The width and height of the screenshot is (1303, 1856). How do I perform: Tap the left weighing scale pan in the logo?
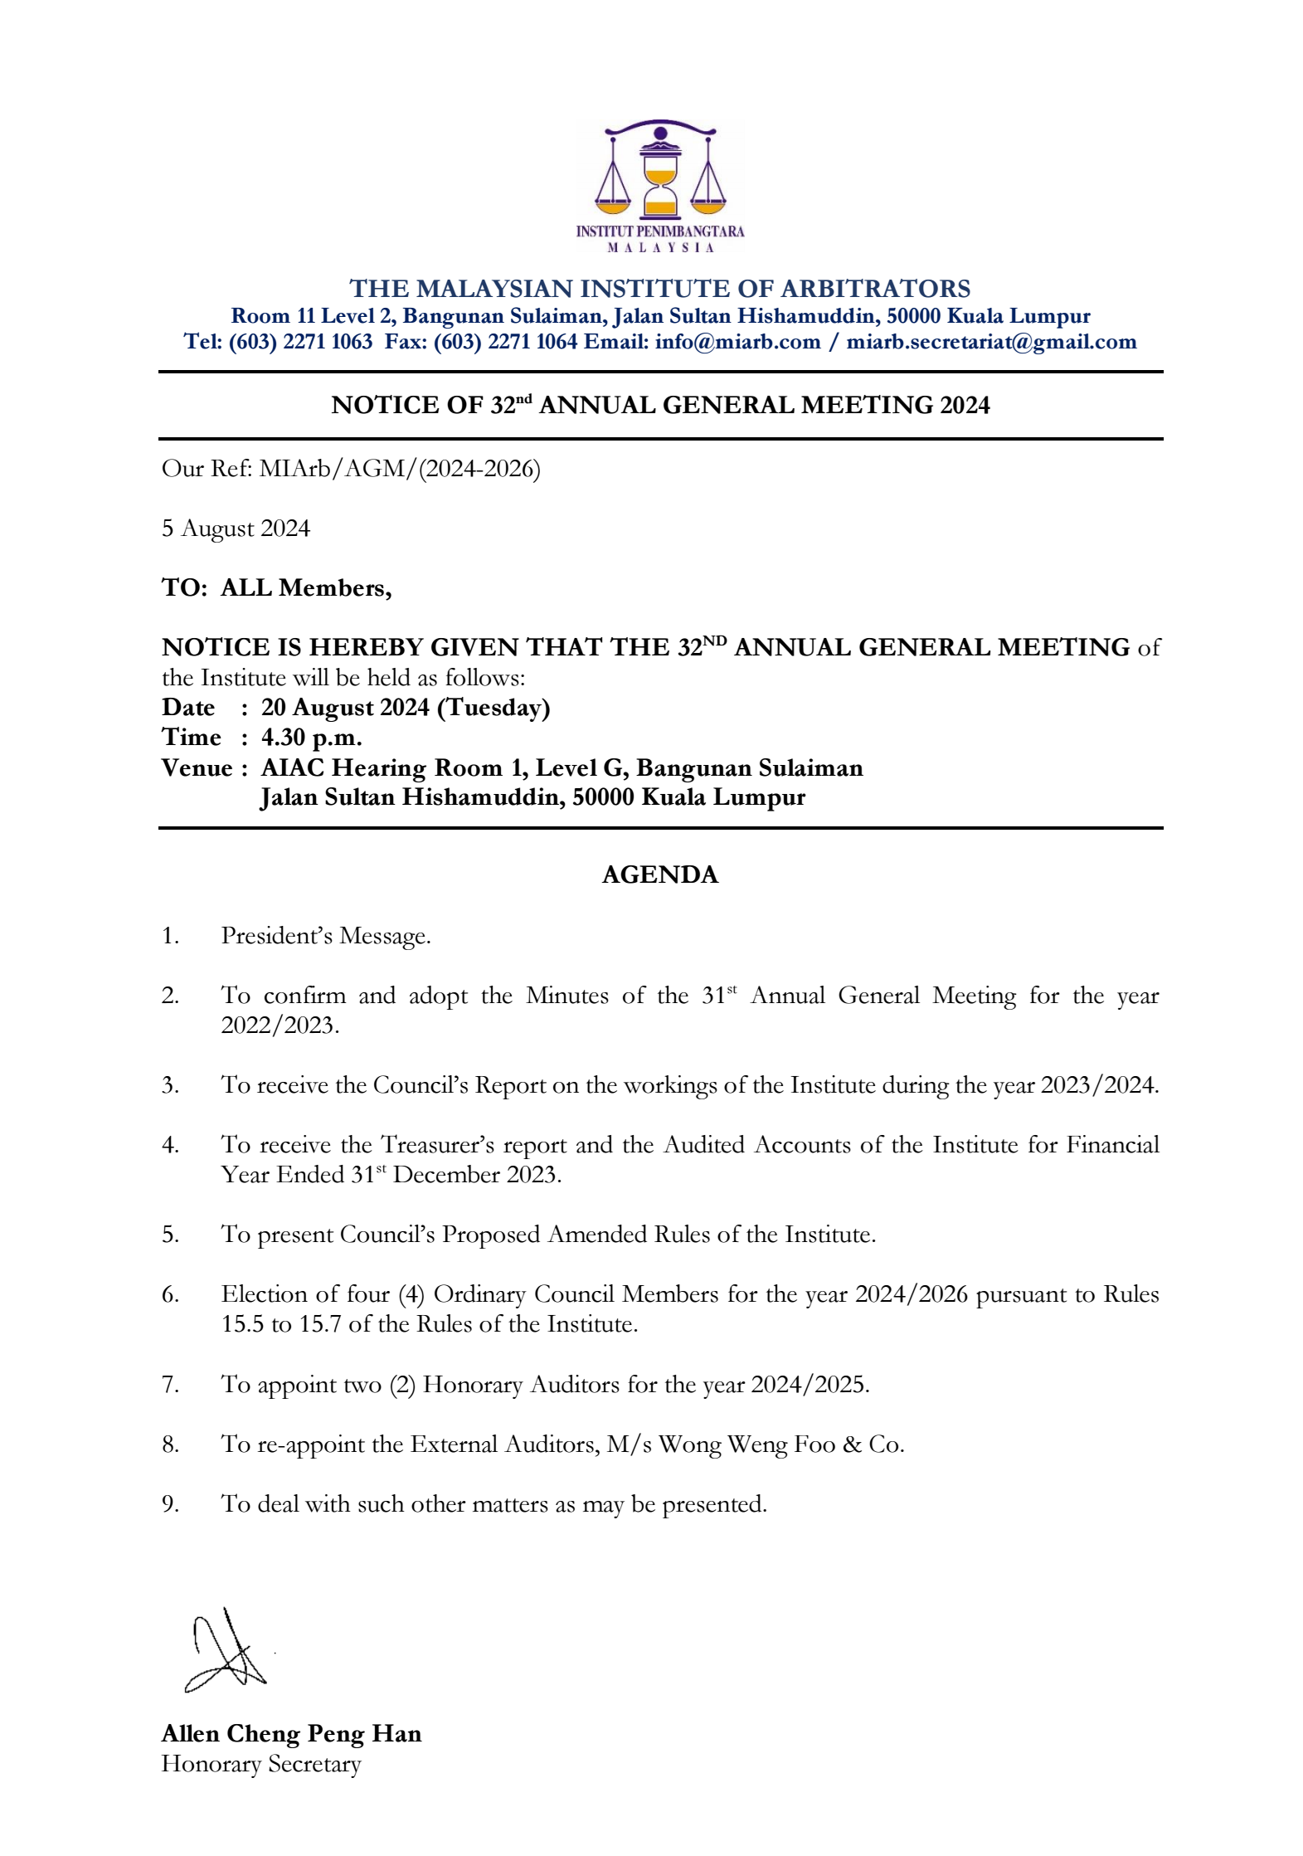[614, 199]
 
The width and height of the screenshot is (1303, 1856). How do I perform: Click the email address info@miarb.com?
[737, 342]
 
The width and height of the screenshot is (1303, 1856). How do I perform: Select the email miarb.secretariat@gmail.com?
[991, 342]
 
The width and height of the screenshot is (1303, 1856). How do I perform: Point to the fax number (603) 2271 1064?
[505, 342]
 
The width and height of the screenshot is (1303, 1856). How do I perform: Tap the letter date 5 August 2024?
[236, 529]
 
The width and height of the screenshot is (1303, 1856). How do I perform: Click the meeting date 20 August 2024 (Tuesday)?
[406, 708]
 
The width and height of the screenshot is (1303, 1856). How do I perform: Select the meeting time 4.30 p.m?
[312, 738]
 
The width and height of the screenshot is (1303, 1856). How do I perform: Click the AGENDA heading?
[660, 875]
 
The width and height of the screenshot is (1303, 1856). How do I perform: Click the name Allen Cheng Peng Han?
[291, 1734]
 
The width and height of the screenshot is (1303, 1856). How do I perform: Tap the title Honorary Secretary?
[261, 1764]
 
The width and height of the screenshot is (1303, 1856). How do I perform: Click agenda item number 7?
[170, 1385]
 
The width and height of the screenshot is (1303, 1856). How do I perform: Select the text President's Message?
[326, 936]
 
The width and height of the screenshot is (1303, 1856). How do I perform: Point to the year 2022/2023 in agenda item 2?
[280, 1025]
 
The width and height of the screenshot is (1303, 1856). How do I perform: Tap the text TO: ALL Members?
[276, 588]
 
